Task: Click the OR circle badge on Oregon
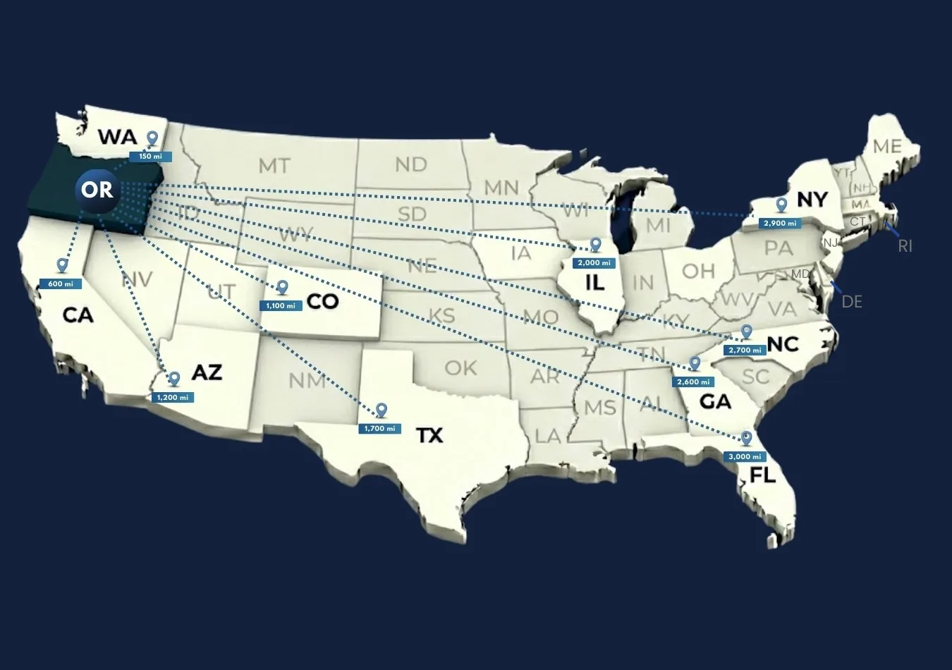tap(97, 189)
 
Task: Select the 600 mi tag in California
tap(60, 284)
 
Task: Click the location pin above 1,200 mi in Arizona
tap(174, 379)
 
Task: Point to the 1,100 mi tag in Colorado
tap(281, 305)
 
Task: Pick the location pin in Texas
tap(382, 410)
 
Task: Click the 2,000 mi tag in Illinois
tap(594, 262)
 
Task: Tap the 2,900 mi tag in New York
tap(779, 223)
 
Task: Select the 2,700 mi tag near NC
tap(744, 350)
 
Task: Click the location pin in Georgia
tap(695, 363)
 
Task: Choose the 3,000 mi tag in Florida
tap(744, 456)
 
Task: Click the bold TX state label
tap(429, 435)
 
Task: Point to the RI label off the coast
tap(905, 246)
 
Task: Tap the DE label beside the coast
tap(852, 302)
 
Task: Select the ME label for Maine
tap(887, 146)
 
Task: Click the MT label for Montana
tap(274, 166)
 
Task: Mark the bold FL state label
tap(762, 475)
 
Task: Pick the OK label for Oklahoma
tap(460, 367)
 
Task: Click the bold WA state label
tap(116, 136)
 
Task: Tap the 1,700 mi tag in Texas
tap(380, 428)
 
